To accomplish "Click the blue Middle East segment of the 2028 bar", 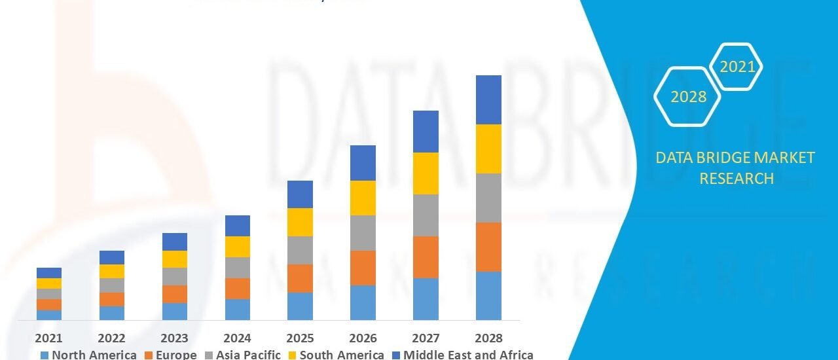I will [488, 99].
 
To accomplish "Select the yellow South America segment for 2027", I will [426, 173].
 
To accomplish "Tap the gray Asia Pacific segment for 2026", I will [363, 233].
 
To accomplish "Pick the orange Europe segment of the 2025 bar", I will [300, 278].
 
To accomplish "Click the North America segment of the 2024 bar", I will [237, 309].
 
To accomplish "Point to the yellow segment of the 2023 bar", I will [174, 259].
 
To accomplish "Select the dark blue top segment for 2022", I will [112, 257].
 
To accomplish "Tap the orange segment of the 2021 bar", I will [49, 304].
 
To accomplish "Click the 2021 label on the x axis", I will [49, 338].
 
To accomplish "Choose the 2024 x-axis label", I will [237, 338].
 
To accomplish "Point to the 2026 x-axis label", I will [363, 338].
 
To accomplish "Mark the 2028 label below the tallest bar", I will [488, 338].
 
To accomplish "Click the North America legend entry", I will [88, 355].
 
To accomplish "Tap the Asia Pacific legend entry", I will [244, 355].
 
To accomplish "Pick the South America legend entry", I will [337, 355].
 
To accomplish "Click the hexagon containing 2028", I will [688, 97].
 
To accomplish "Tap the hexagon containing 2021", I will [737, 66].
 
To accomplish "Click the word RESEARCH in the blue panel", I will [737, 178].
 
